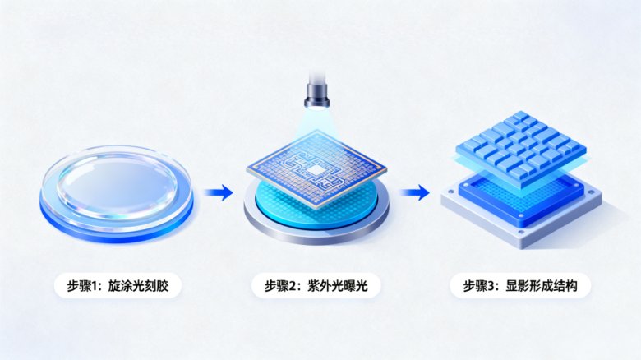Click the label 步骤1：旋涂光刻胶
coord(118,285)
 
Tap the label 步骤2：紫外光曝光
coord(316,285)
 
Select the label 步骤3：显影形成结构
coord(520,285)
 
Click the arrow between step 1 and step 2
coord(219,192)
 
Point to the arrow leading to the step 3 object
coord(414,192)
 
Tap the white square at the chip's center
coord(316,170)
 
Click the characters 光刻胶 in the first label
coord(154,285)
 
